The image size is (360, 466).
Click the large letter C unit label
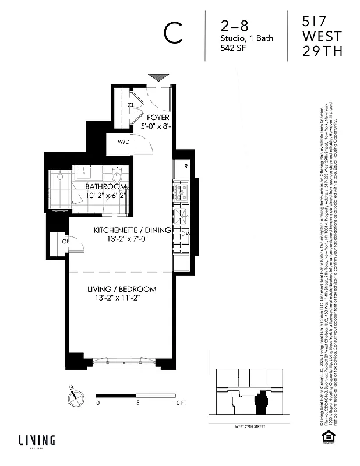[174, 33]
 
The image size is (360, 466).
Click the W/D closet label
[123, 142]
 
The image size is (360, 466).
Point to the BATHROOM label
[105, 187]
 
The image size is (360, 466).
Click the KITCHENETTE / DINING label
[132, 230]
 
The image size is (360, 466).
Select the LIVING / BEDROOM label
[122, 289]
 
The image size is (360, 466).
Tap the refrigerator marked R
[185, 166]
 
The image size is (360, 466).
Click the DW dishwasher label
[185, 234]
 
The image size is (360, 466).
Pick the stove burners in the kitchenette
[181, 190]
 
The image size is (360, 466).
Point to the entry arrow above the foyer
[157, 77]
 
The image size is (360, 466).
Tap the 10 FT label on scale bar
[179, 403]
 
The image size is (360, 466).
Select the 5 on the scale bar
[138, 403]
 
